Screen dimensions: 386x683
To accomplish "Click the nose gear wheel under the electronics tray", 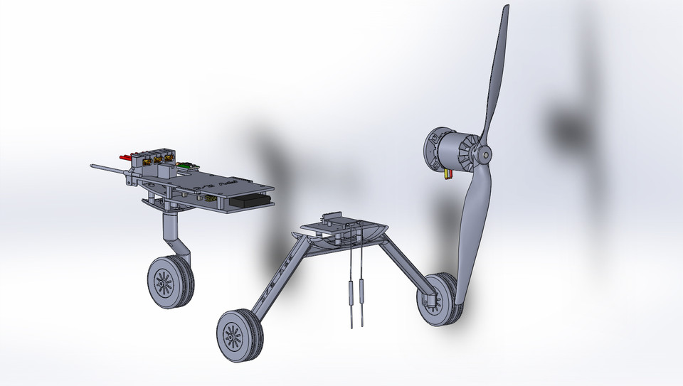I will tap(170, 282).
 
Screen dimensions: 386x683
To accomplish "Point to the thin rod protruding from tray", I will tap(107, 169).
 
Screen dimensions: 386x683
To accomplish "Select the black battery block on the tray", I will tap(250, 202).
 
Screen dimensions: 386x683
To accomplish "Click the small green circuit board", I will tap(186, 166).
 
